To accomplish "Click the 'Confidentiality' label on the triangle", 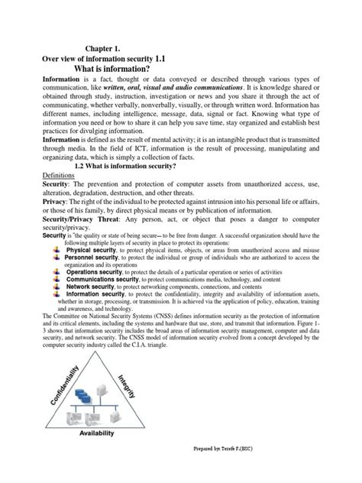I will point(62,407).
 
